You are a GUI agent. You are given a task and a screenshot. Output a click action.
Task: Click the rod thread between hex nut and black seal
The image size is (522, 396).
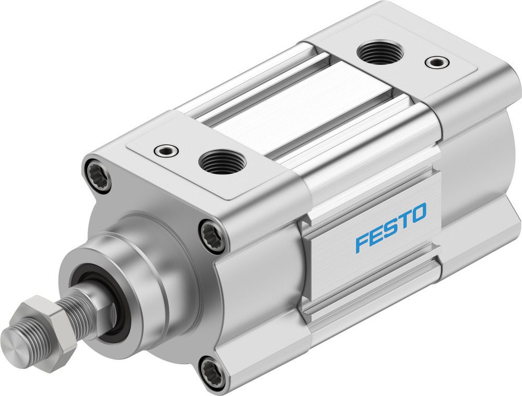[x=78, y=313]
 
